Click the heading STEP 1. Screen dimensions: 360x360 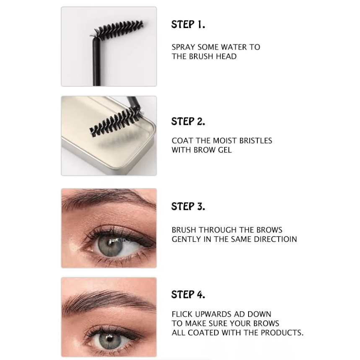188,24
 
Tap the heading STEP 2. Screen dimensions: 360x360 188,121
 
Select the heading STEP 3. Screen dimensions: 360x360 188,206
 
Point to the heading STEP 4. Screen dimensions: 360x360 188,294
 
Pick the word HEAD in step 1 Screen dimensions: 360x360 226,57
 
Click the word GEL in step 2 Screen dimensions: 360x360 225,150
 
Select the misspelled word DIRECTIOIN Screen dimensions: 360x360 275,239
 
